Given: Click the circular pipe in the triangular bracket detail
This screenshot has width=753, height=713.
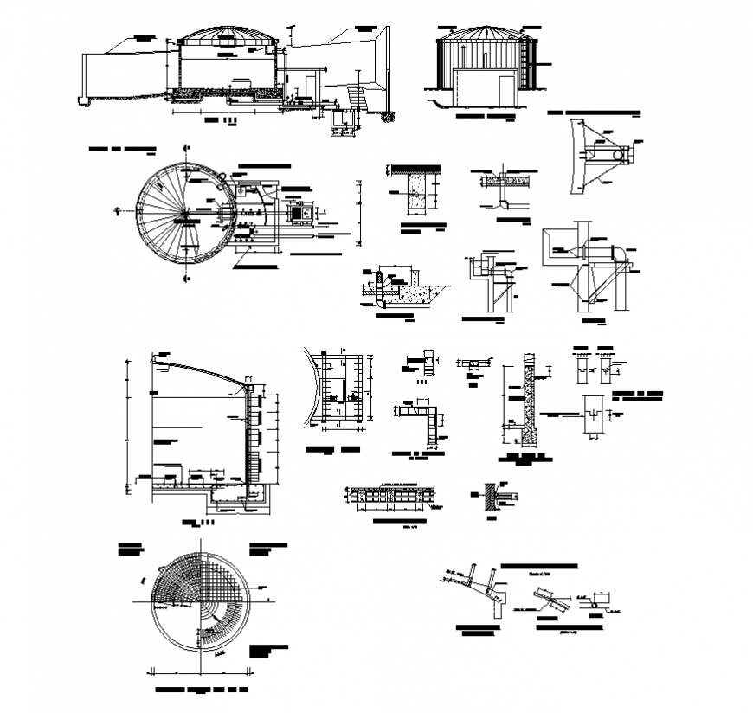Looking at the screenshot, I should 619,155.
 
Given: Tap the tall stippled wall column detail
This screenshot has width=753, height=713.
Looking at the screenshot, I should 527,394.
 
